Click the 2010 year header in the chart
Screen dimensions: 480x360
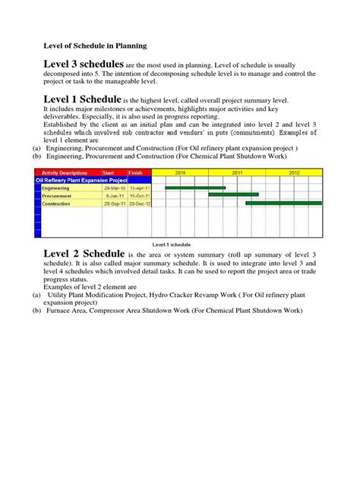click(x=180, y=172)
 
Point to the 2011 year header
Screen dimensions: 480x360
click(x=237, y=172)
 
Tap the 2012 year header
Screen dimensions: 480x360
click(x=295, y=172)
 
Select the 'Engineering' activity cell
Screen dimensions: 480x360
click(x=56, y=188)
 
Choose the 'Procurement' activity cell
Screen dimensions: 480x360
click(x=57, y=195)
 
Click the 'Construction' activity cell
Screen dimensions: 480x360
click(x=57, y=204)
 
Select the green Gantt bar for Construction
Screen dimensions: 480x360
click(x=283, y=204)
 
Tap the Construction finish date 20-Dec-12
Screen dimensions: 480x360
click(x=141, y=204)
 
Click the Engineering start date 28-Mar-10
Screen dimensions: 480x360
click(x=114, y=188)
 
